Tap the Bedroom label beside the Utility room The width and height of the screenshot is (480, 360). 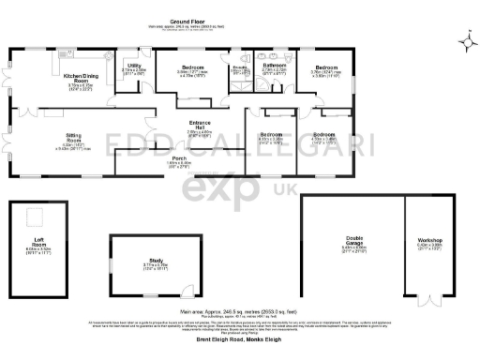[x=192, y=68]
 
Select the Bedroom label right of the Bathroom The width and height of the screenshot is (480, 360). [x=325, y=68]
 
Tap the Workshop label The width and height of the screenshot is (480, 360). [x=430, y=242]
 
